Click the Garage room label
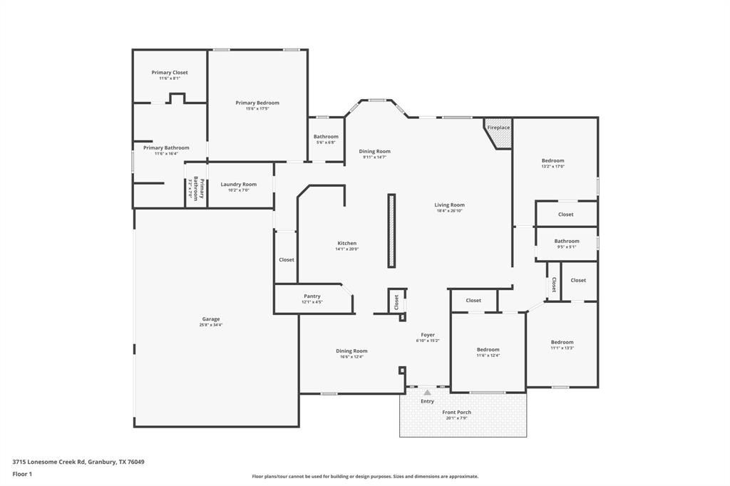click(x=210, y=319)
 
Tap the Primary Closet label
click(x=170, y=73)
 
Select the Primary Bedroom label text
click(x=257, y=103)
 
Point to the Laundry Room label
click(x=238, y=185)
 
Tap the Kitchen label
click(x=346, y=244)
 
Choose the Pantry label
click(x=312, y=296)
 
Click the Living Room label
click(x=450, y=205)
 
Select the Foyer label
click(x=428, y=335)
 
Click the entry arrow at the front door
click(x=427, y=392)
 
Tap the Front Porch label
click(x=456, y=413)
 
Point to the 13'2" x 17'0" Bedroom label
click(x=552, y=161)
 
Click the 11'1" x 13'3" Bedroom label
click(x=562, y=343)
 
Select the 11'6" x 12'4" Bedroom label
click(x=488, y=350)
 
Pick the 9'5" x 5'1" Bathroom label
click(x=567, y=242)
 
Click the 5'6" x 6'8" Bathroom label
click(x=326, y=137)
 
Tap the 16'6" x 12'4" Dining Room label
click(x=351, y=351)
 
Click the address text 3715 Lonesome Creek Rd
click(x=78, y=462)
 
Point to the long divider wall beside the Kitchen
click(x=391, y=230)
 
